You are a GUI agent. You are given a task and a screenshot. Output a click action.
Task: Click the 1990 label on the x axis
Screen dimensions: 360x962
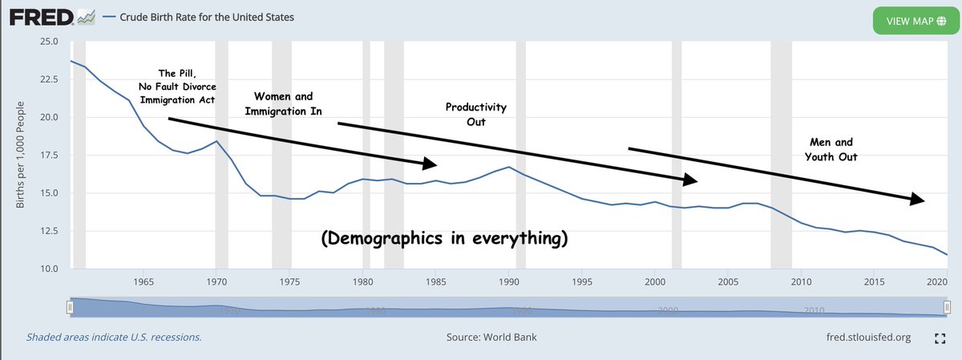(x=510, y=282)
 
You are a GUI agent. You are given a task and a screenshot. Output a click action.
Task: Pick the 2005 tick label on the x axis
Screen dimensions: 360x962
(x=726, y=282)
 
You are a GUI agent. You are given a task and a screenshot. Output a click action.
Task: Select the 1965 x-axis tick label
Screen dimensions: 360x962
(x=143, y=282)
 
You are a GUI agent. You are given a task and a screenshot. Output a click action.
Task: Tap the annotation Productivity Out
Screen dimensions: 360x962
(x=476, y=115)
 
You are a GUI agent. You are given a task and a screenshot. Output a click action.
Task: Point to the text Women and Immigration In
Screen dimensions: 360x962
(x=277, y=103)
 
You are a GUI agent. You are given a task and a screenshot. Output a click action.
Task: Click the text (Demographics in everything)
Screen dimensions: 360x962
(x=445, y=239)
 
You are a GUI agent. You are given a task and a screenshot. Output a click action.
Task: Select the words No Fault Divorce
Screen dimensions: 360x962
(x=177, y=87)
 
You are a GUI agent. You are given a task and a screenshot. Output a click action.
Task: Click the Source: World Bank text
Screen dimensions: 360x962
(x=491, y=337)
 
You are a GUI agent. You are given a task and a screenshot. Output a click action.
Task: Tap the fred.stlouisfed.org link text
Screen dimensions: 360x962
(x=868, y=337)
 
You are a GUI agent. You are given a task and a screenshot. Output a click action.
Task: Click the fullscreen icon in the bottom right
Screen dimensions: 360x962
(x=941, y=338)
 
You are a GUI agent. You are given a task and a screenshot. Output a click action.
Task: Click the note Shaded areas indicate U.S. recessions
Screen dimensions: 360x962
(x=114, y=337)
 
